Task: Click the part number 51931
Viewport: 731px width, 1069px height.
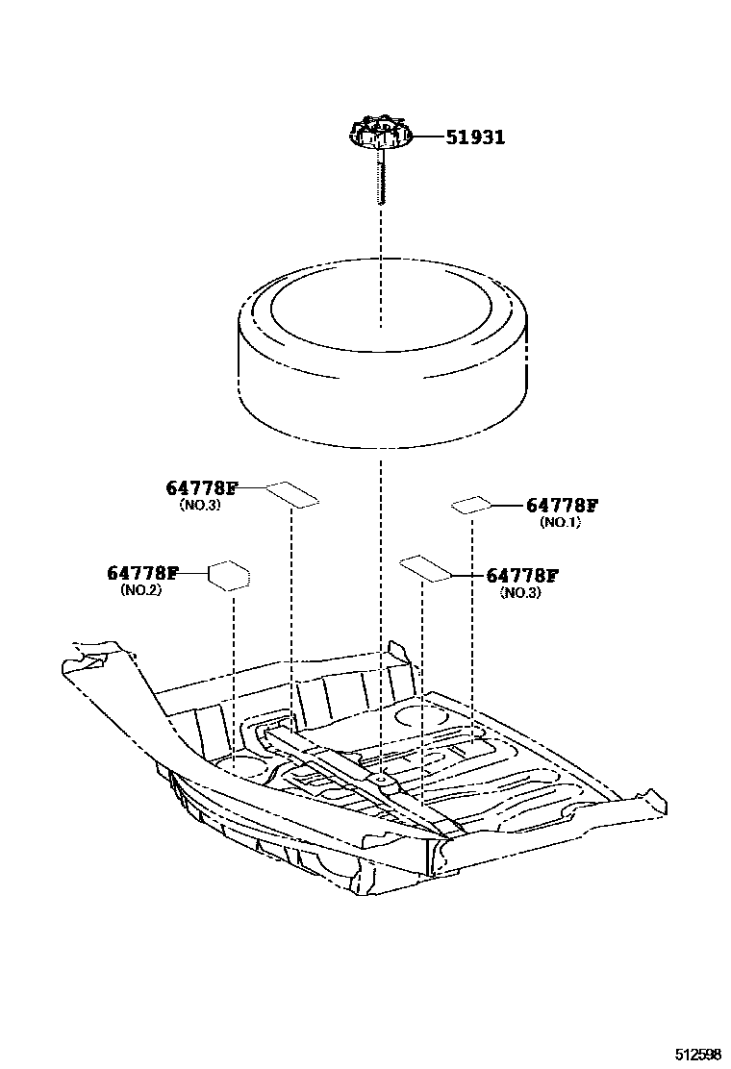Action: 474,137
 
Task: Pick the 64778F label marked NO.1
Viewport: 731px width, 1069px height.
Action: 562,506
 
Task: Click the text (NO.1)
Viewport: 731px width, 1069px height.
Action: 560,522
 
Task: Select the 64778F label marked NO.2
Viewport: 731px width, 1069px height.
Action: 142,573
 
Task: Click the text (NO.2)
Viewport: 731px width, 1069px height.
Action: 140,590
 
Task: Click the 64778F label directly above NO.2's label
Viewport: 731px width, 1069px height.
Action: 200,488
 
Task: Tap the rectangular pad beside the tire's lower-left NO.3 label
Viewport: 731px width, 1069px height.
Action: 291,493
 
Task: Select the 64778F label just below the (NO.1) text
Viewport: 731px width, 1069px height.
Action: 522,576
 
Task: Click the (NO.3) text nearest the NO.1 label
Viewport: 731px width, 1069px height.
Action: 520,593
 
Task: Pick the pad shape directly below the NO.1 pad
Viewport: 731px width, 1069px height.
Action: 424,568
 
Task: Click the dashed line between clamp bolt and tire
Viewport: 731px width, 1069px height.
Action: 381,231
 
